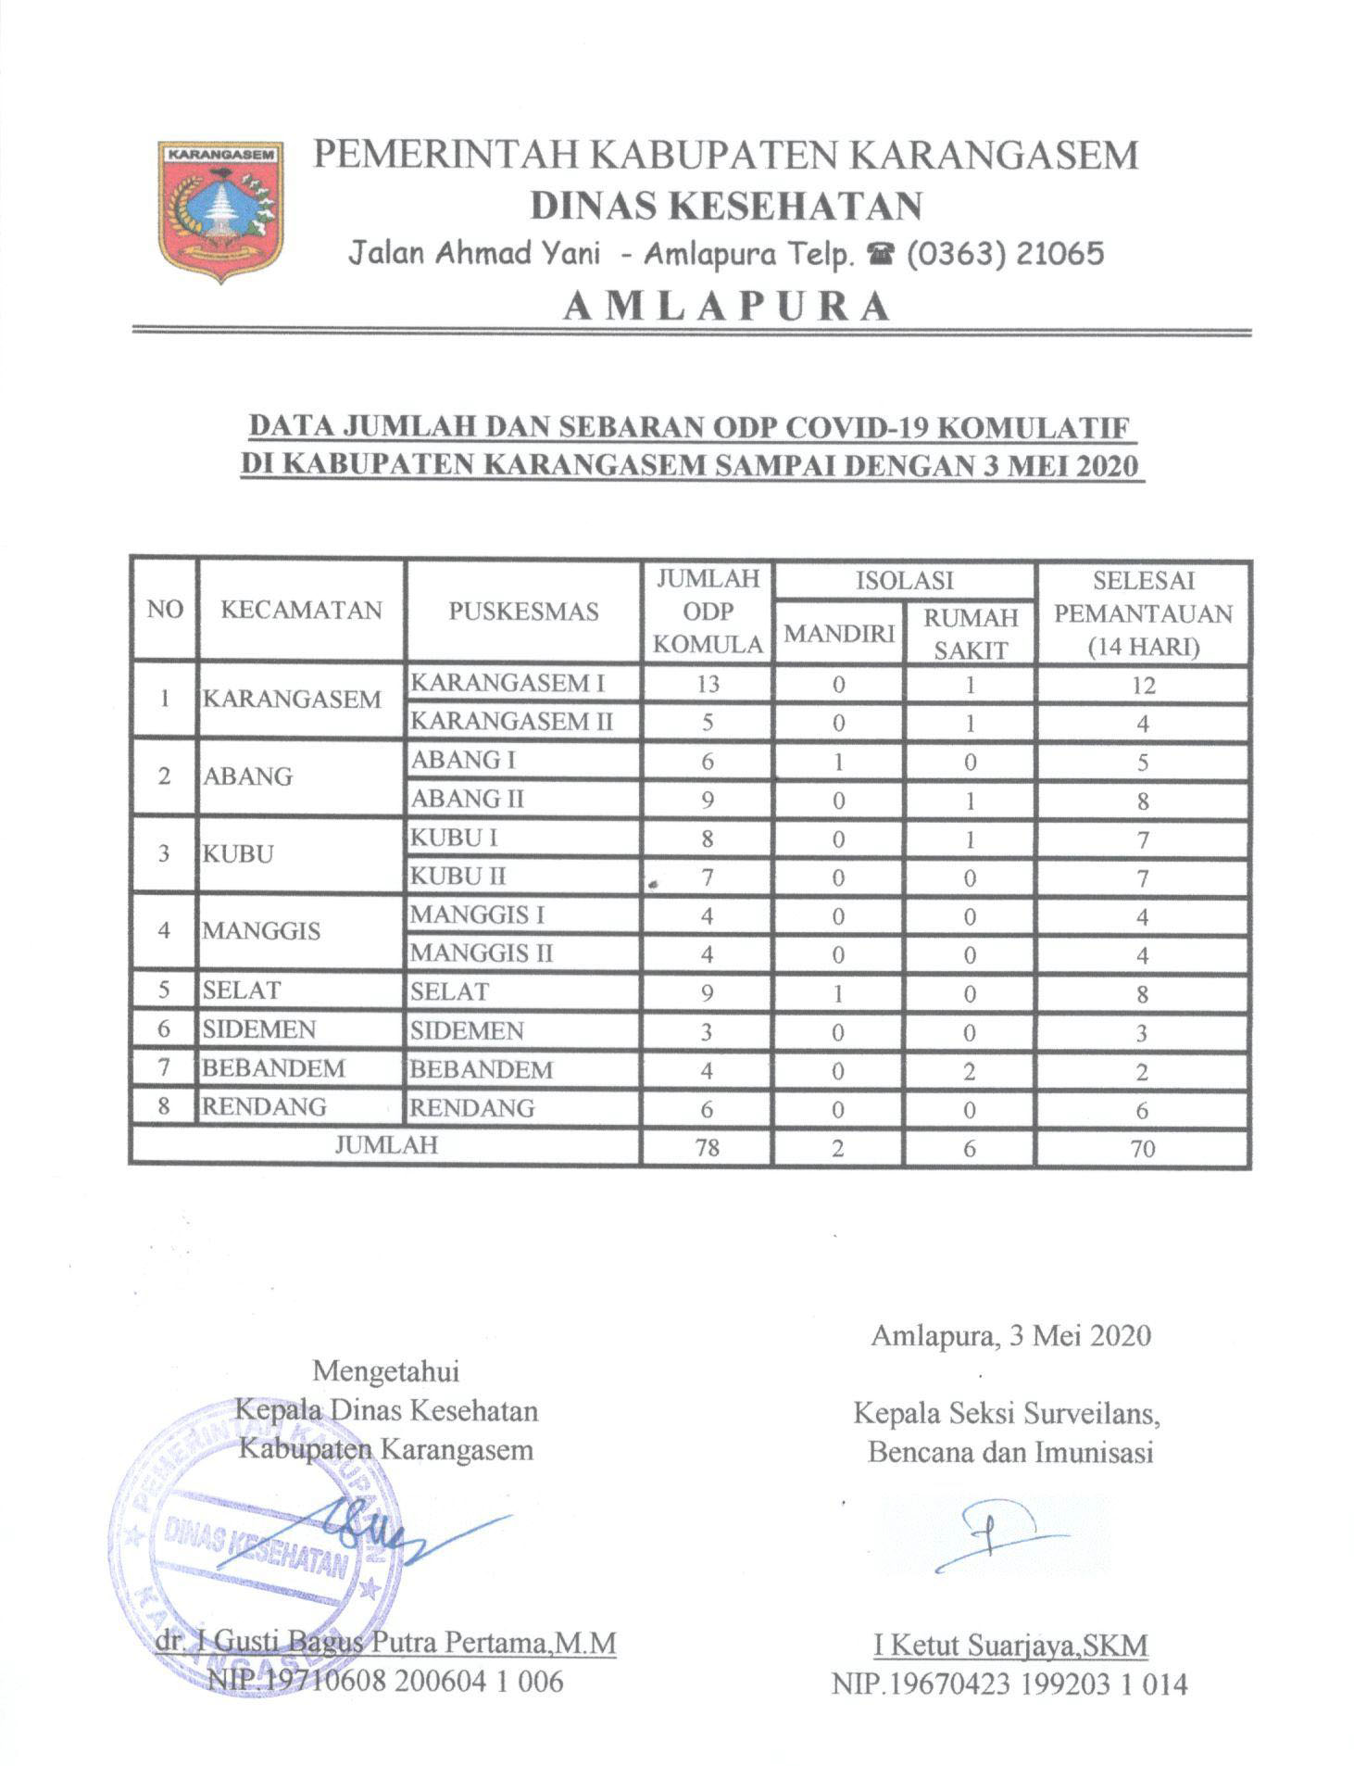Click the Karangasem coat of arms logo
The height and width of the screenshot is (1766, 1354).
(219, 209)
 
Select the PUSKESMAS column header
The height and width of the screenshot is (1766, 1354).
(523, 611)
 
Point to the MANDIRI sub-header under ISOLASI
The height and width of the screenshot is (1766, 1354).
(838, 633)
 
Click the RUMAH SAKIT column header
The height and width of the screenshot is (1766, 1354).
(970, 634)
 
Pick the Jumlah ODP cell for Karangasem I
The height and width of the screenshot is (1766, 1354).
(708, 685)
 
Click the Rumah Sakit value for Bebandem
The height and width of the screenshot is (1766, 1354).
(970, 1071)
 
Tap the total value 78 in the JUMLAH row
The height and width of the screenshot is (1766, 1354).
(708, 1148)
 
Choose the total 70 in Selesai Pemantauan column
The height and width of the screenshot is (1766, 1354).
(1142, 1149)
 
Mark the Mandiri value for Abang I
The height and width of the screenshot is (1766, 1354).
(838, 762)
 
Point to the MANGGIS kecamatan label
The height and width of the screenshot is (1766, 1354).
(262, 930)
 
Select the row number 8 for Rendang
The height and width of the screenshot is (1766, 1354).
(164, 1107)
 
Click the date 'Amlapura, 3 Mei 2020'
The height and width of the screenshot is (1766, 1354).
(1010, 1335)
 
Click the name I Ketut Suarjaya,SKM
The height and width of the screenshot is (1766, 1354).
(1010, 1646)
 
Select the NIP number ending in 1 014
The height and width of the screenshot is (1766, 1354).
(1009, 1684)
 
